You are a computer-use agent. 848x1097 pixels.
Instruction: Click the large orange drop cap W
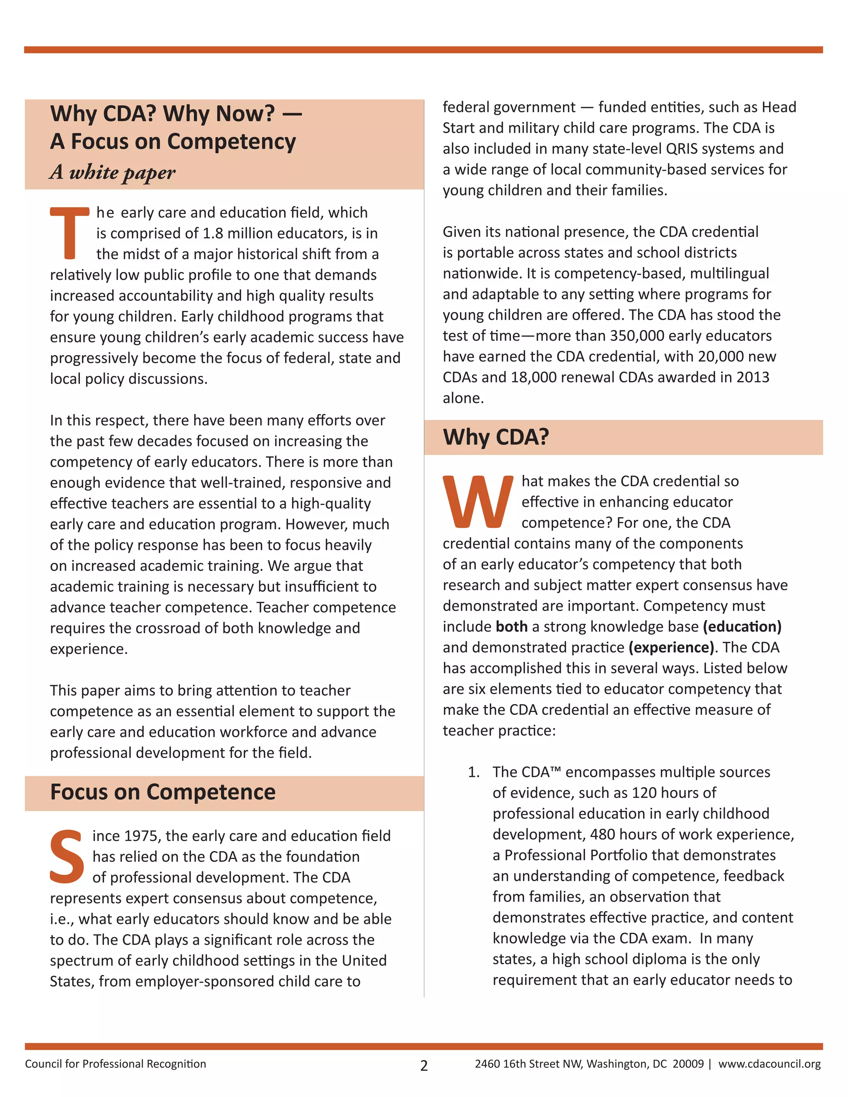coord(477,502)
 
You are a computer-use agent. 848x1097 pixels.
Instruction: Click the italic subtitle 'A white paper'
coord(113,172)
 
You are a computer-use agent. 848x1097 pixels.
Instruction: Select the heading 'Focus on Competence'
coord(163,792)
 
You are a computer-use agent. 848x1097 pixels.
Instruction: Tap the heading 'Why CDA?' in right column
coord(496,437)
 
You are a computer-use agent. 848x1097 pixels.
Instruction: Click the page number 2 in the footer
coord(424,1066)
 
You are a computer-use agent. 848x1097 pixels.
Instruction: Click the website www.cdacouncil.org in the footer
coord(769,1063)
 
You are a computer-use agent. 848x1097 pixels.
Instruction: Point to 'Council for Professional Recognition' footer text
coord(116,1063)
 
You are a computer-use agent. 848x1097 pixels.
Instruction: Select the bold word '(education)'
coord(742,626)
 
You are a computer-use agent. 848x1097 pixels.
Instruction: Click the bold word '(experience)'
coord(671,647)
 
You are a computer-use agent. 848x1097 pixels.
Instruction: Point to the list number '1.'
coord(473,772)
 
